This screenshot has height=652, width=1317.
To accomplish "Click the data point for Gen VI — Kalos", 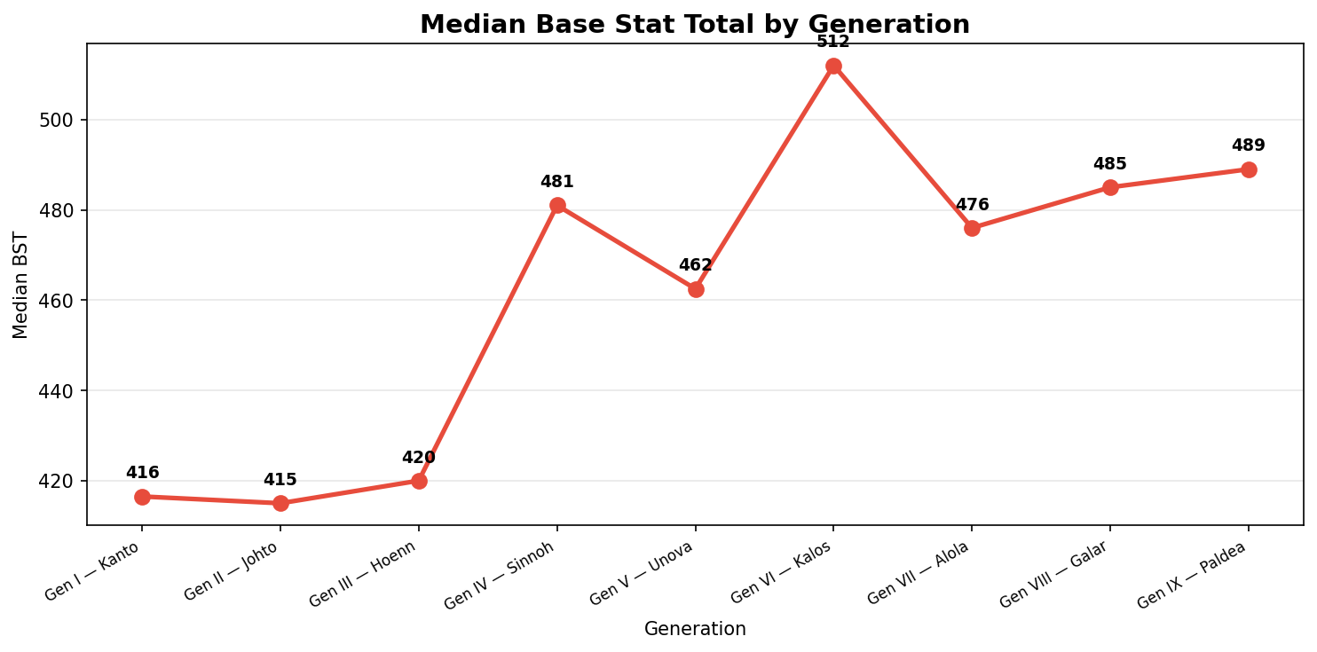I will [833, 66].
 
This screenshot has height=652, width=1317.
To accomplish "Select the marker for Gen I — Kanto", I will [142, 497].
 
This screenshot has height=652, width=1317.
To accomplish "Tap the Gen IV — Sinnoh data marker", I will [557, 205].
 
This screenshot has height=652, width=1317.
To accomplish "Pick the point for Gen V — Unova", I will [696, 289].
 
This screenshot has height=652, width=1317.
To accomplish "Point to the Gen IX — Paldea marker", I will [1249, 169].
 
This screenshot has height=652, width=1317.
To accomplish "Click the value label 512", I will [833, 42].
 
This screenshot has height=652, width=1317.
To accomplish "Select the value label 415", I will [280, 480].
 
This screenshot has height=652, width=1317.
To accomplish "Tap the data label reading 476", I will [972, 205].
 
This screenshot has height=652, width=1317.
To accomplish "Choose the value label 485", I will [1109, 164].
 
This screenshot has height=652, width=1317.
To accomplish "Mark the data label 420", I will [418, 458].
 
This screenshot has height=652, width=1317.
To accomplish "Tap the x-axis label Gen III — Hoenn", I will [364, 575].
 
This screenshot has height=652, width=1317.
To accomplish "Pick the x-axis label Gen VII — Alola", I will [919, 573].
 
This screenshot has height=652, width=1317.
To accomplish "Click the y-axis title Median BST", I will [21, 285].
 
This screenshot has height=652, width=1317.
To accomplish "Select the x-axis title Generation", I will [695, 629].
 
